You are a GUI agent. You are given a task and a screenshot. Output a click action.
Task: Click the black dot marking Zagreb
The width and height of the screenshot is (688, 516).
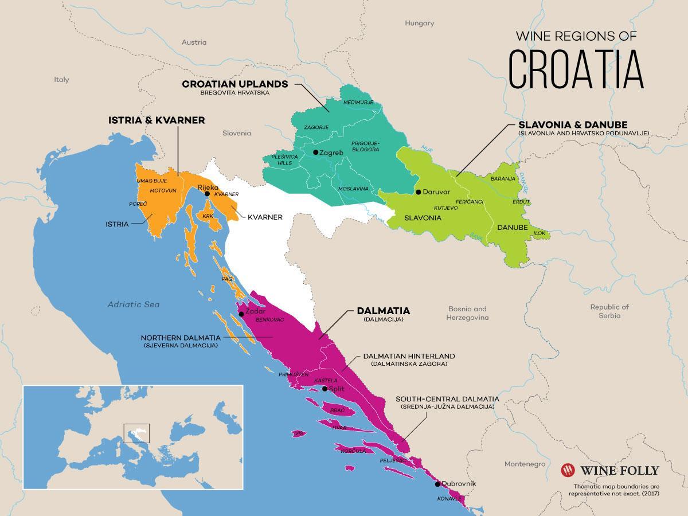316,153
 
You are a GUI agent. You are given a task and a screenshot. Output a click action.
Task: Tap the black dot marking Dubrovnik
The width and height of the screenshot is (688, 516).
437,484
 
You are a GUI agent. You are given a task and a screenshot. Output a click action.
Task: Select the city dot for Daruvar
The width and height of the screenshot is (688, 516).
419,192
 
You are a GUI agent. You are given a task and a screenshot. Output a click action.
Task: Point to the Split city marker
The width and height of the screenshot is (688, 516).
325,389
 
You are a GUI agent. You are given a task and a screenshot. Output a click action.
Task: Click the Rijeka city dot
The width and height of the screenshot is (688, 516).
207,194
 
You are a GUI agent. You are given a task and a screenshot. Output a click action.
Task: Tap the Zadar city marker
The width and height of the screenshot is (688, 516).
241,314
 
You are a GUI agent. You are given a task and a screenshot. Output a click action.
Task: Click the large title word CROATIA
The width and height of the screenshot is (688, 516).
576,69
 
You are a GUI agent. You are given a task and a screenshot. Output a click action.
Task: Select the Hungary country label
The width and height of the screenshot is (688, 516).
420,24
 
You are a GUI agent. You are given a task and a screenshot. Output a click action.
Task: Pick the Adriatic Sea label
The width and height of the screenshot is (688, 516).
134,304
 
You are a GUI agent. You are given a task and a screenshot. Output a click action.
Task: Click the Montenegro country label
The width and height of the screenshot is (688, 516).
523,463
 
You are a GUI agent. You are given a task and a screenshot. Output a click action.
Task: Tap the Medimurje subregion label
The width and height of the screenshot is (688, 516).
358,103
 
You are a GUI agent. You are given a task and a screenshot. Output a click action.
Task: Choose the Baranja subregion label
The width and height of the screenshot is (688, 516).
503,179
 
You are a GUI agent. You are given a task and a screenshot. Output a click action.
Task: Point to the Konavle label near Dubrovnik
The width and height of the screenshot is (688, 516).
449,498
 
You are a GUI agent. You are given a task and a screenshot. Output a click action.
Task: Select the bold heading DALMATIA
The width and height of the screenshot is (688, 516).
383,311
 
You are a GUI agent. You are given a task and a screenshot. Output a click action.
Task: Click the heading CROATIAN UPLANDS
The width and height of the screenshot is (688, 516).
235,84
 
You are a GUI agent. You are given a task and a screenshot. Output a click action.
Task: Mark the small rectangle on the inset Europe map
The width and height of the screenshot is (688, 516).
136,432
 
